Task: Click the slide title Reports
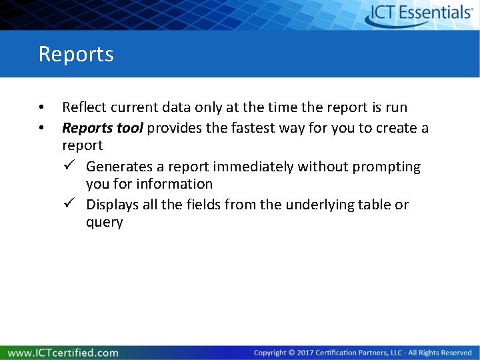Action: (76, 54)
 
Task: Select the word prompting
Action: (386, 166)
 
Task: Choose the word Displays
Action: (111, 205)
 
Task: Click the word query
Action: (105, 223)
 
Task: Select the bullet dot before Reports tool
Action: (41, 127)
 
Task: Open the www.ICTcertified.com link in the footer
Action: (63, 353)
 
